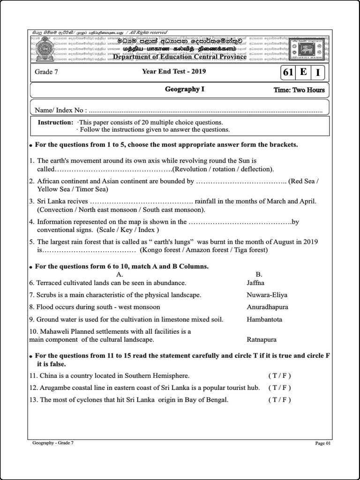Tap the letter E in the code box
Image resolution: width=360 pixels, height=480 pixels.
click(303, 72)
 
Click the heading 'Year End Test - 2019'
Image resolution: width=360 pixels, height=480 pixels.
click(174, 72)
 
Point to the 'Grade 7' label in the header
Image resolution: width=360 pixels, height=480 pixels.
click(46, 72)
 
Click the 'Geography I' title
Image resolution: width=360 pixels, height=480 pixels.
click(185, 89)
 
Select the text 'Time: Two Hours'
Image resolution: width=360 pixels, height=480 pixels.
click(299, 90)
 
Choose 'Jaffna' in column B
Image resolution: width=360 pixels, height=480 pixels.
click(255, 283)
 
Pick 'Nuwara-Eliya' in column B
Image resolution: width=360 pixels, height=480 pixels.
click(267, 295)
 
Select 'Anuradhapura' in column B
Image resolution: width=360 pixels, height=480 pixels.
click(267, 307)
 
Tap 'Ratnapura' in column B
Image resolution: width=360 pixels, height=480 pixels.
click(262, 339)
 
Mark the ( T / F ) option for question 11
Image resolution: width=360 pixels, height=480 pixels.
click(279, 375)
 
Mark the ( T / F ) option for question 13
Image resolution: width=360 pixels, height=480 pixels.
click(279, 400)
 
